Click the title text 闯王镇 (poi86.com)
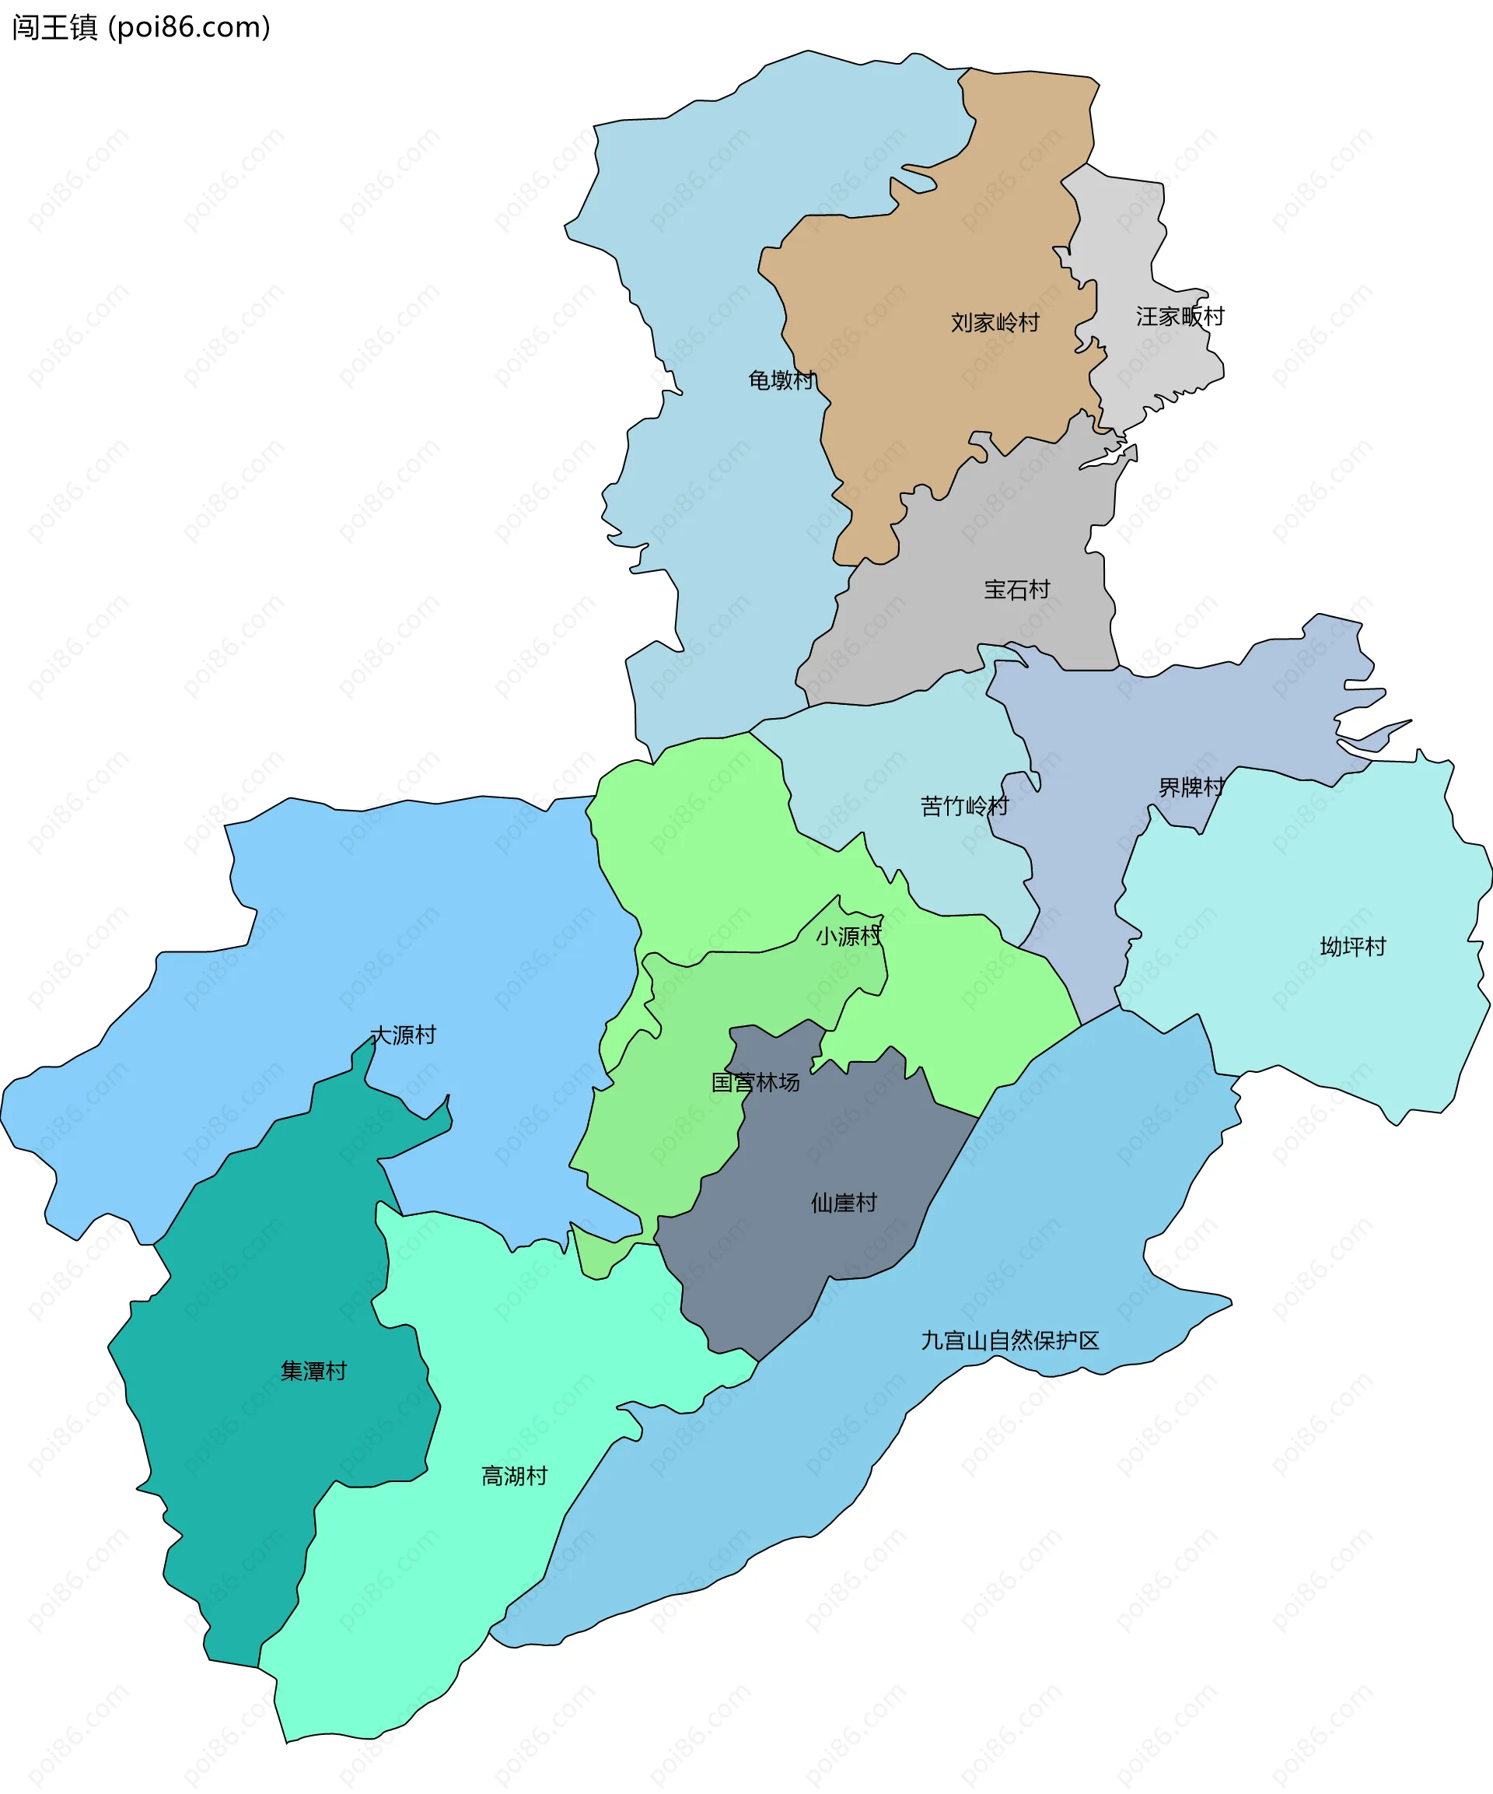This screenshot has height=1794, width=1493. [141, 27]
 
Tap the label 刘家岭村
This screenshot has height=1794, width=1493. [995, 323]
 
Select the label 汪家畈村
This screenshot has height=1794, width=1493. [1180, 317]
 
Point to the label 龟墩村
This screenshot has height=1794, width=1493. [781, 380]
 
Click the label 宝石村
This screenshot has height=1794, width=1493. [1016, 590]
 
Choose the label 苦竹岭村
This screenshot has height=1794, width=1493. [964, 806]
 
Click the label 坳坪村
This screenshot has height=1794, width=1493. [1353, 947]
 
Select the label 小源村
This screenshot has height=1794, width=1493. [848, 937]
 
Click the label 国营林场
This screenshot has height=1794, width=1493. [756, 1082]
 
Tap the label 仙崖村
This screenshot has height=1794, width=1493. [844, 1203]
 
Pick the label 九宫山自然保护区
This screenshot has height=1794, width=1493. [1009, 1340]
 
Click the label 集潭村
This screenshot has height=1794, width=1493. [313, 1371]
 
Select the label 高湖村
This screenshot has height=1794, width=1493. [514, 1477]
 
